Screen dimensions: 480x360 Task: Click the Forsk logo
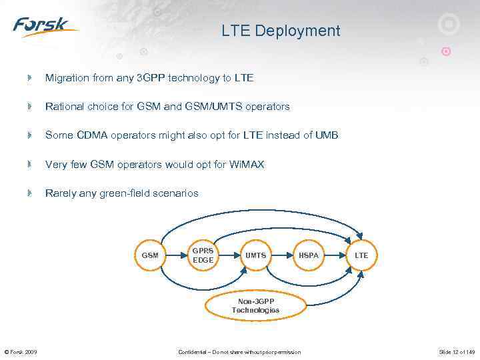coord(45,27)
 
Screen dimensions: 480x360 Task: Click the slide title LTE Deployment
coord(281,31)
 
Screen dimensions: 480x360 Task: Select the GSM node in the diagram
coord(150,255)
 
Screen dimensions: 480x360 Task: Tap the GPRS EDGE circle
coord(203,255)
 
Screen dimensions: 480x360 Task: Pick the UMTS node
coord(255,255)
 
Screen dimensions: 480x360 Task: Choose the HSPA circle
coord(309,255)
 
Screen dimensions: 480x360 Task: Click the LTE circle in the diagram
coord(361,255)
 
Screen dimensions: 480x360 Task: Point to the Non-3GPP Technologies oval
coord(255,306)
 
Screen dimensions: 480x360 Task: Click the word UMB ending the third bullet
coord(327,135)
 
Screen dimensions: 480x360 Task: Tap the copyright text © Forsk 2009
coord(21,352)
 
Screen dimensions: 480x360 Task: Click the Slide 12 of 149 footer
coord(457,352)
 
